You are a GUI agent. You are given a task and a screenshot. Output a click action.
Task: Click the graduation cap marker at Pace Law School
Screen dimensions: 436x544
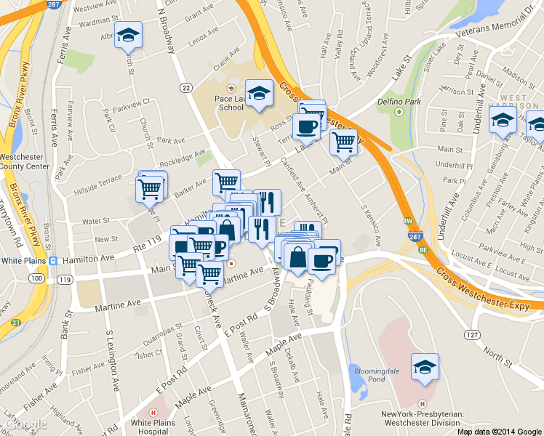tap(259, 92)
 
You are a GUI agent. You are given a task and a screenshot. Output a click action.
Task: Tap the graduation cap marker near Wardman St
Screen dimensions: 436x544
tap(129, 34)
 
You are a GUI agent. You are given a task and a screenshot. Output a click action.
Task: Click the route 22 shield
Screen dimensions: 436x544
tap(186, 88)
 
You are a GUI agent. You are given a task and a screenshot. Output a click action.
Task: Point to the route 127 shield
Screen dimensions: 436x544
tap(473, 334)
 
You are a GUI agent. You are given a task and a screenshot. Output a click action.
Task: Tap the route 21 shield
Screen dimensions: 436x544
tap(15, 323)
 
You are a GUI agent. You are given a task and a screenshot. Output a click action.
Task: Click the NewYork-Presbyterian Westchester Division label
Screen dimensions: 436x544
tap(422, 419)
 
